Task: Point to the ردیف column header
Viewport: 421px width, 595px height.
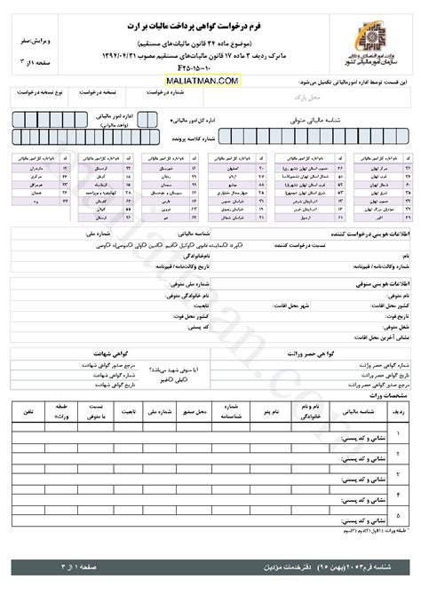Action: [x=398, y=413]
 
